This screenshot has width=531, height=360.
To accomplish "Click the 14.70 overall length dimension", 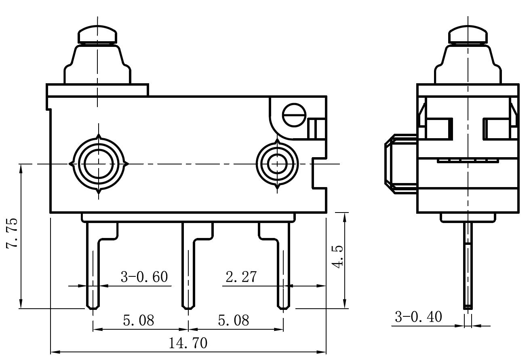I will click(188, 343).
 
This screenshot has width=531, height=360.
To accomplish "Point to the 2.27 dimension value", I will click(241, 277).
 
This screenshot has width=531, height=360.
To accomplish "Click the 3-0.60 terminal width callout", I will click(144, 277).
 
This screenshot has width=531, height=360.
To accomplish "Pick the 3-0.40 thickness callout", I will click(418, 317).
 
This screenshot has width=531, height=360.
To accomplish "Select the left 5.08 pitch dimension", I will click(139, 320).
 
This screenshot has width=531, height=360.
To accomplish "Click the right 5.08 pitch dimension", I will click(234, 320).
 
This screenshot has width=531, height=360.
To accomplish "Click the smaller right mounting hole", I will click(277, 164).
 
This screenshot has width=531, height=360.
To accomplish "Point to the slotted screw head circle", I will click(293, 115).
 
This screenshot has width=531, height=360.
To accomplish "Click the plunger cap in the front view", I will click(97, 35).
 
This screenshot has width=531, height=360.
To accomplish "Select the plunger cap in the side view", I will click(468, 35).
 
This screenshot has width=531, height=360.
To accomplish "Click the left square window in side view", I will click(438, 128).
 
